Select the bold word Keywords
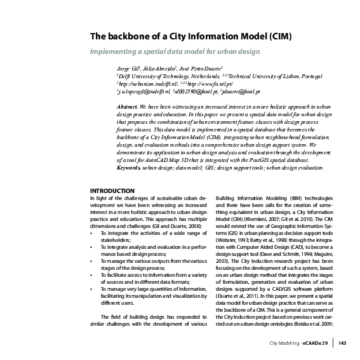pos(130,168)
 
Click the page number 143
pos(342,344)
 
